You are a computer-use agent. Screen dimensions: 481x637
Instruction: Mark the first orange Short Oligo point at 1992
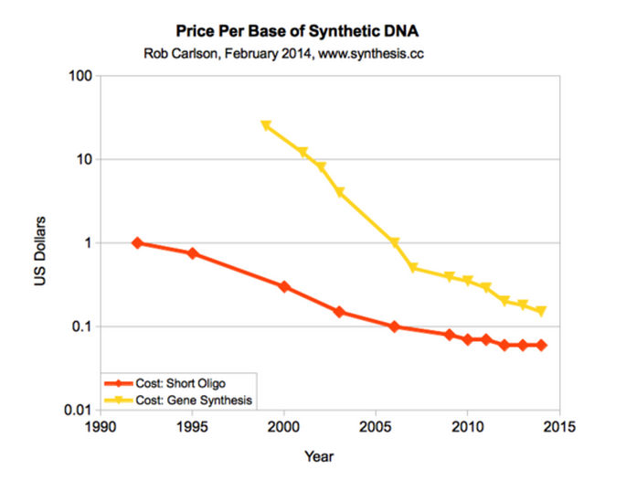pos(137,243)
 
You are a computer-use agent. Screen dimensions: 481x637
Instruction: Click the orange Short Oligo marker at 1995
pos(193,253)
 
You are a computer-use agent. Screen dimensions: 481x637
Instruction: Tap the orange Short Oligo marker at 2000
pos(284,286)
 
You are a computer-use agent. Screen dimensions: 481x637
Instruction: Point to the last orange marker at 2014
pos(541,345)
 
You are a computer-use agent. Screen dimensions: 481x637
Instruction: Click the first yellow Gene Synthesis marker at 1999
pos(266,126)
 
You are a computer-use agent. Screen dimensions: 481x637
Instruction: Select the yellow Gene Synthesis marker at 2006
pos(395,243)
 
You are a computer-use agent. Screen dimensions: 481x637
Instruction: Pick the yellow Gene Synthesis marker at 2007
pos(413,269)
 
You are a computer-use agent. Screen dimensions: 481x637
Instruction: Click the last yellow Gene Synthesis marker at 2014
pos(541,312)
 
